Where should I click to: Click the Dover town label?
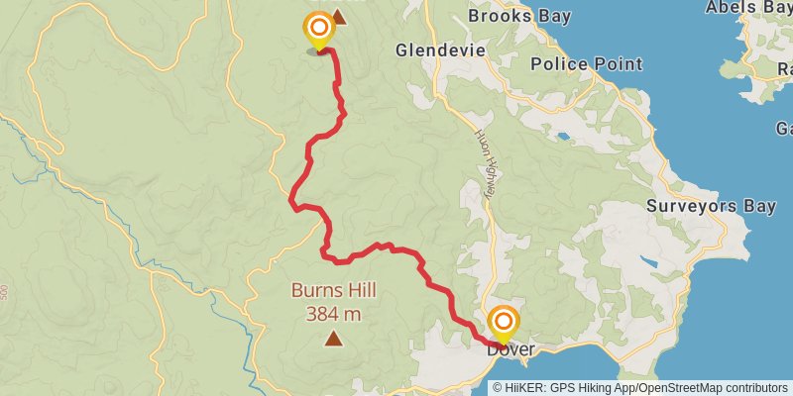[510, 349]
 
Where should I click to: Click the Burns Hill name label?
[333, 291]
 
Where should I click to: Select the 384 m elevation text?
[333, 315]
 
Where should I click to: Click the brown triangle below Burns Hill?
[333, 340]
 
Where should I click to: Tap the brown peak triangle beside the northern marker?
[339, 17]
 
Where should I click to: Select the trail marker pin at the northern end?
[319, 30]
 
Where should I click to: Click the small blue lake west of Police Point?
[564, 136]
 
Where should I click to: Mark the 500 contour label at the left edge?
[5, 293]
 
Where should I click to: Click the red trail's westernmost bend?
[292, 203]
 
